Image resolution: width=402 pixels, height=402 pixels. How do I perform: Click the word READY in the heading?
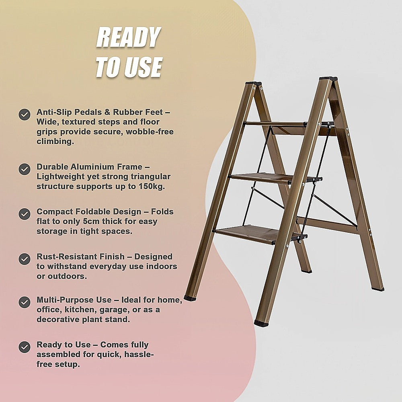point(128,39)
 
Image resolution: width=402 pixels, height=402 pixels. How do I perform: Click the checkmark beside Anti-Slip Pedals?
point(25,115)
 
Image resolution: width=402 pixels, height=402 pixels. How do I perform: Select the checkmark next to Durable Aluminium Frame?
point(25,169)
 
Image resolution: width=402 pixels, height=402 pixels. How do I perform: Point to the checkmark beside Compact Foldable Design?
point(25,213)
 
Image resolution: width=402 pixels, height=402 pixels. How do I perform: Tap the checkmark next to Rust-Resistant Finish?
point(25,258)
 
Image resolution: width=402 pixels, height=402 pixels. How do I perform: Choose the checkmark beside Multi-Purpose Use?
point(25,302)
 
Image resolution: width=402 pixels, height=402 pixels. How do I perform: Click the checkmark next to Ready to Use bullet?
point(25,347)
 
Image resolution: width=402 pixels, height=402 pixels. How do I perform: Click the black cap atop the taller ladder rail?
point(328,79)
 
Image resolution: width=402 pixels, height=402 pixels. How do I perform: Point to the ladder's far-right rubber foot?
point(377,288)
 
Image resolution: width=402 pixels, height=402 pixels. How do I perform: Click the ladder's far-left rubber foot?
point(189,298)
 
